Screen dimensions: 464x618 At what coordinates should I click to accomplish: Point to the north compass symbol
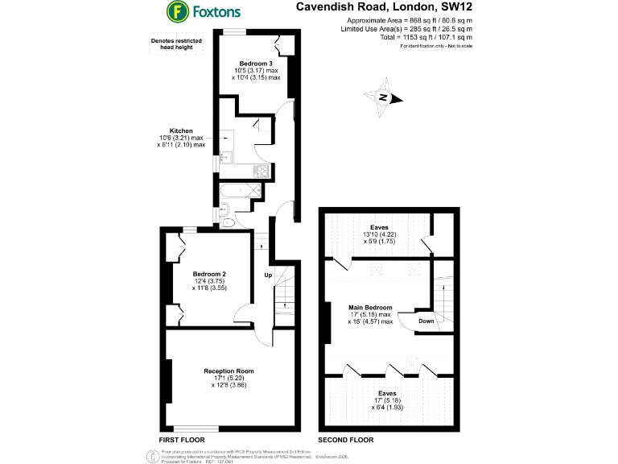point(385,97)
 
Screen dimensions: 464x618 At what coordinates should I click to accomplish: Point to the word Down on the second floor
point(426,321)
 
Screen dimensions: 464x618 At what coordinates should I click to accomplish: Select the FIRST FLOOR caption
point(183,441)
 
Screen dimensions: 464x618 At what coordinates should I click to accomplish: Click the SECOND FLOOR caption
point(346,441)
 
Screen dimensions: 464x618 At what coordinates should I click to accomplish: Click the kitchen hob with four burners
point(262,170)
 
